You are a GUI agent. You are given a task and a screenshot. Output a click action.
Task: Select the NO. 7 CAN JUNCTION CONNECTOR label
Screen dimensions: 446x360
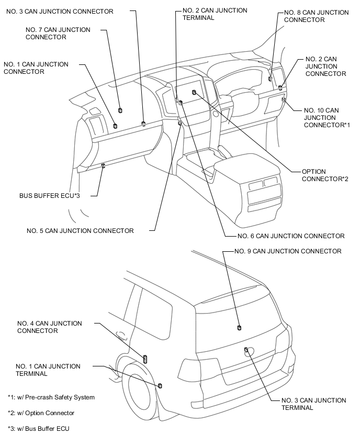tap(58, 34)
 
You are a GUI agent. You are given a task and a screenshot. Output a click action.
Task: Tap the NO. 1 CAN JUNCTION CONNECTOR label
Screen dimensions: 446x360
tap(36, 68)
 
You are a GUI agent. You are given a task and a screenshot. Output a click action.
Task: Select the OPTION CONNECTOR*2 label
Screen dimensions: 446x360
tap(325, 175)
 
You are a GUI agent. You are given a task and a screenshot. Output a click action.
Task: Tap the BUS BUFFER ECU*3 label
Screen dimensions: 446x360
tap(49, 195)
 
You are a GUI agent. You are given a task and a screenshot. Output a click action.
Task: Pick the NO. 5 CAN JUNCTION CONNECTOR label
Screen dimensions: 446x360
tap(81, 230)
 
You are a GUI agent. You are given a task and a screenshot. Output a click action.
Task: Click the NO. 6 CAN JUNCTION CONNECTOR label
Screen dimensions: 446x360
tap(290, 236)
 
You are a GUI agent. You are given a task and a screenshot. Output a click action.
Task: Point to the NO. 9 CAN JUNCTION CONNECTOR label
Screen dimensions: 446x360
tap(287, 251)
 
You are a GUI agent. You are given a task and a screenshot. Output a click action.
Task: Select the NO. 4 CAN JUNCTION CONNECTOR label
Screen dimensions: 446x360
tap(49, 327)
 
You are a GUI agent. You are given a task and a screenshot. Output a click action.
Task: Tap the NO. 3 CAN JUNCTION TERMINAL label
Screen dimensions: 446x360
tap(313, 404)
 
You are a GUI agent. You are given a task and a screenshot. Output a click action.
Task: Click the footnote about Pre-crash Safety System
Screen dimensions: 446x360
tap(51, 397)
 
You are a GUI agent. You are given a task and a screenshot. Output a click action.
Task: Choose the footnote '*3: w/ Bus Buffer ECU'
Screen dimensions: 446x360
tap(38, 429)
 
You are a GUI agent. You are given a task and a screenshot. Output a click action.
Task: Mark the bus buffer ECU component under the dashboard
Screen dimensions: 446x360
tap(103, 166)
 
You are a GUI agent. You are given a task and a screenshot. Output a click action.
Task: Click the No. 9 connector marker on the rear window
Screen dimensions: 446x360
tap(239, 328)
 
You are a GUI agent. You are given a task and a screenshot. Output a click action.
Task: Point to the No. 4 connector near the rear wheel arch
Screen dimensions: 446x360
tap(145, 359)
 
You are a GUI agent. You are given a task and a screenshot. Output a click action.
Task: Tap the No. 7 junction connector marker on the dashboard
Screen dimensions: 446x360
tap(120, 110)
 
